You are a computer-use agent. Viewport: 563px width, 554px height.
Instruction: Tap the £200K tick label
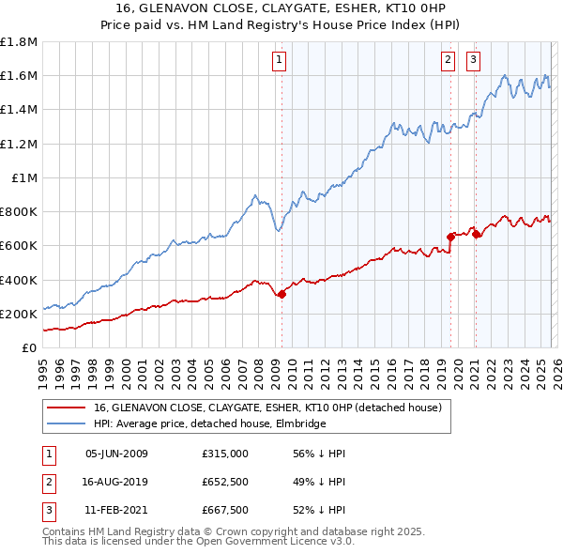coord(19,314)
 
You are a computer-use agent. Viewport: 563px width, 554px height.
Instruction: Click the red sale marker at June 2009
coord(281,294)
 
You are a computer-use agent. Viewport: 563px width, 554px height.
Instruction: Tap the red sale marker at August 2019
coord(450,237)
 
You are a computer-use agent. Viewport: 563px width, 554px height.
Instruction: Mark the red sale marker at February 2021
coord(476,234)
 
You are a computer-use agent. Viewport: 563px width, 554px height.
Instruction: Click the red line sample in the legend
coord(66,408)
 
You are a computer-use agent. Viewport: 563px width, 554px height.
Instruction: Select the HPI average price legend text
coord(208,424)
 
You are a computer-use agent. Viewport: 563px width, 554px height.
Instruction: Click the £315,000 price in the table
coord(225,454)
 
